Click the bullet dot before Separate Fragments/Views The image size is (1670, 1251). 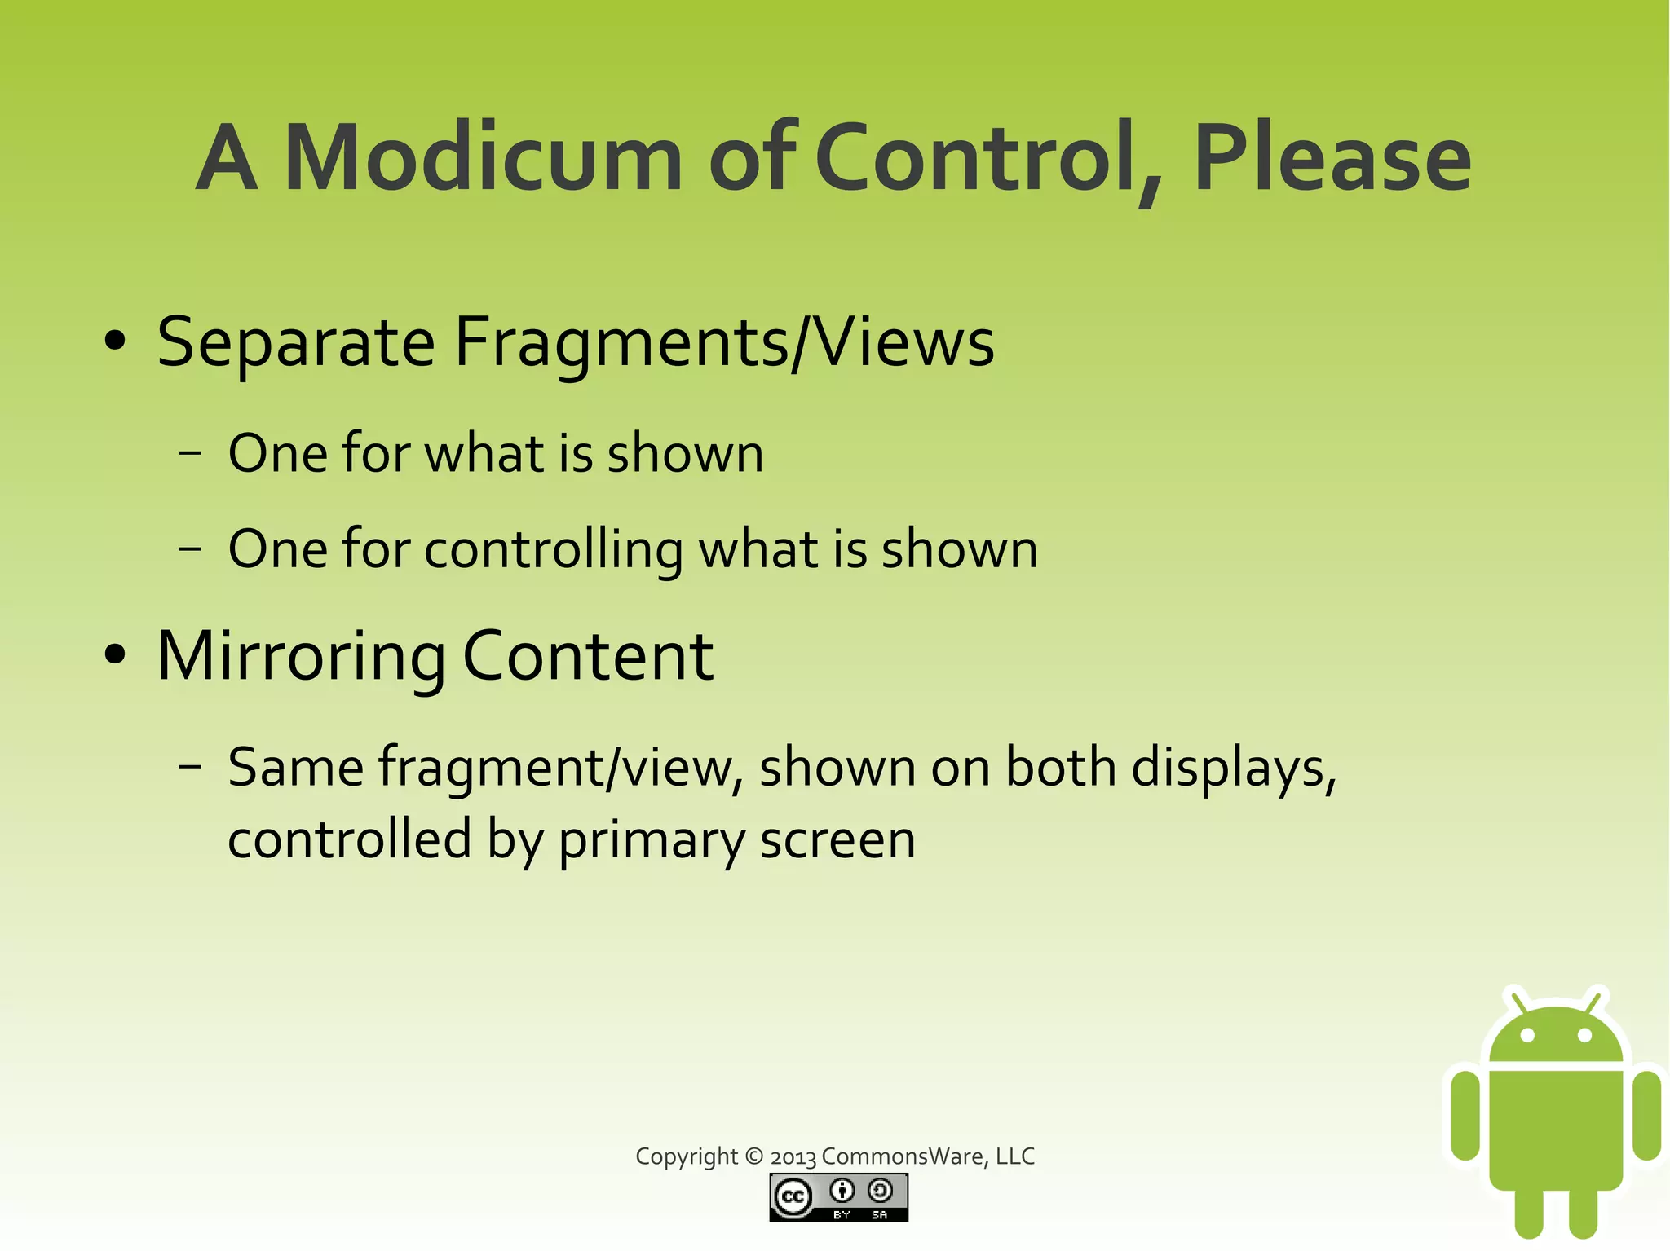116,342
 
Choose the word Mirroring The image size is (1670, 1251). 301,657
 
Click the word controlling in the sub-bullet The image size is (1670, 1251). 554,549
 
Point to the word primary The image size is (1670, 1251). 651,840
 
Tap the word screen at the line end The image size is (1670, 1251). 837,840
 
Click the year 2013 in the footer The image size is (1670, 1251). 793,1157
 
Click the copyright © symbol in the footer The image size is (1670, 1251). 754,1156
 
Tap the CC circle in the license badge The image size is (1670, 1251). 792,1197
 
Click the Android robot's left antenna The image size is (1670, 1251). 1518,1000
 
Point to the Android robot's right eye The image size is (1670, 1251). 1585,1036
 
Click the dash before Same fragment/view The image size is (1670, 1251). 189,768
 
